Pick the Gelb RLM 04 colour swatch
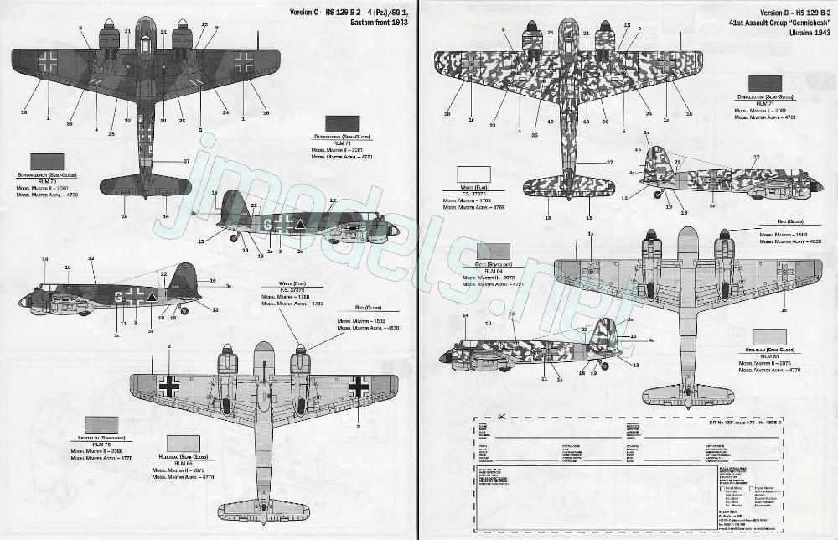[494, 250]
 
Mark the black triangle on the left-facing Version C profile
[152, 295]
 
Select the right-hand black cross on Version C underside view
[359, 386]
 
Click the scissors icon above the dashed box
[501, 416]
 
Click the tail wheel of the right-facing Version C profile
[235, 238]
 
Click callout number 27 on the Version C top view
[187, 160]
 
